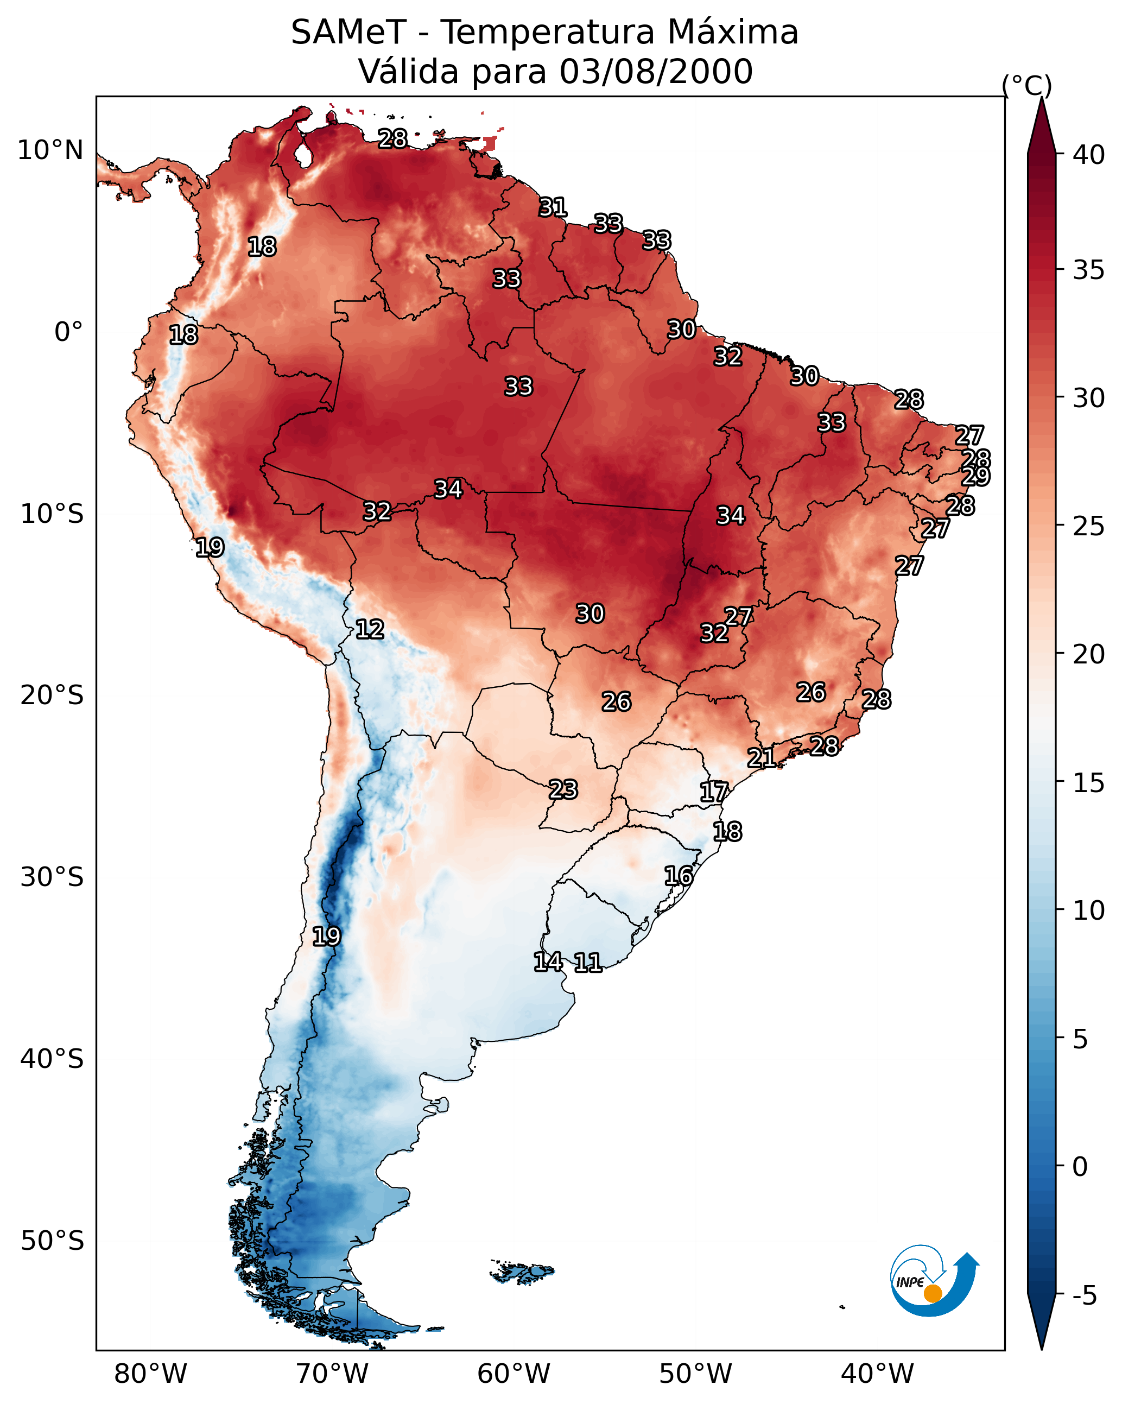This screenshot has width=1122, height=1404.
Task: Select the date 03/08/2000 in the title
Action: tap(656, 72)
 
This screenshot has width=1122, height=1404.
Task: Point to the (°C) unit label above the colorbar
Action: tap(1027, 85)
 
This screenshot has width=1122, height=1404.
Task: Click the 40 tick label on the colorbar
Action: tap(1089, 155)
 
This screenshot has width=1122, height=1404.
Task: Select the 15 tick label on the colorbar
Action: tap(1089, 783)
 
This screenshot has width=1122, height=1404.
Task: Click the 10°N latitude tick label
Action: tap(50, 150)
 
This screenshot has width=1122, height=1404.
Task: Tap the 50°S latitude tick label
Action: tap(52, 1241)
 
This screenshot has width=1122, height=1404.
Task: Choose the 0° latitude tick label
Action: tap(68, 332)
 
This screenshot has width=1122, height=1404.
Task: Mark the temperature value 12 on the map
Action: tap(370, 629)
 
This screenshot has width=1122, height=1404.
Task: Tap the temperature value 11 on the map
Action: tap(587, 963)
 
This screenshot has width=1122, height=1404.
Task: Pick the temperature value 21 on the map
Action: tap(761, 757)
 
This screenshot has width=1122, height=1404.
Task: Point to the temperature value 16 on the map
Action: tap(679, 876)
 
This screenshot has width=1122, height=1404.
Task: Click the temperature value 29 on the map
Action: tap(975, 476)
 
